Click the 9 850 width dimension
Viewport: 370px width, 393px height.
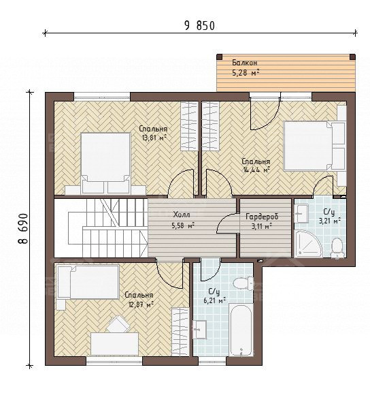199,26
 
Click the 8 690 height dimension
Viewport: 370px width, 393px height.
22,228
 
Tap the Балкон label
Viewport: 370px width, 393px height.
244,63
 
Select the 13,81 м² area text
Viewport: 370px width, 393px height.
154,138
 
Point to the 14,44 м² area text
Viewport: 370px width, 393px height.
256,170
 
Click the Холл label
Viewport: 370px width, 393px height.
182,215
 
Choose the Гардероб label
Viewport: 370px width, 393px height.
262,217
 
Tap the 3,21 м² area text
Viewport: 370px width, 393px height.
329,221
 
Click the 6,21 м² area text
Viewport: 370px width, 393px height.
215,300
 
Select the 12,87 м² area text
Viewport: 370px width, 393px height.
141,304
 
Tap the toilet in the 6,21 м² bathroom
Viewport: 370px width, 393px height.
243,283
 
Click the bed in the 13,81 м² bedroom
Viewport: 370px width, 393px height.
105,163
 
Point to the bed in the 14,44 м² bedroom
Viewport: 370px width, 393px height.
314,146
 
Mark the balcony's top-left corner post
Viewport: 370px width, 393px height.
219,57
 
